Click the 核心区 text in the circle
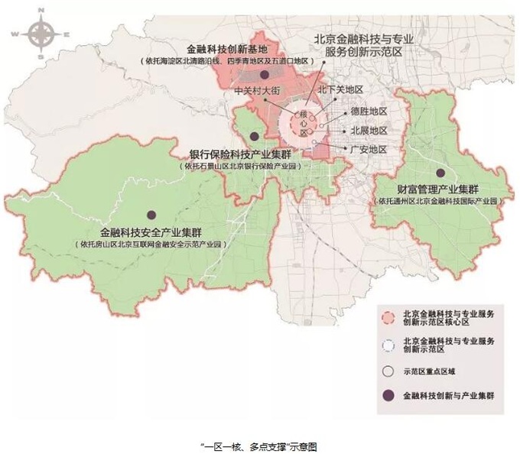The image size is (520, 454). click(x=307, y=123)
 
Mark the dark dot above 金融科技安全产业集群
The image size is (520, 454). click(x=151, y=215)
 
